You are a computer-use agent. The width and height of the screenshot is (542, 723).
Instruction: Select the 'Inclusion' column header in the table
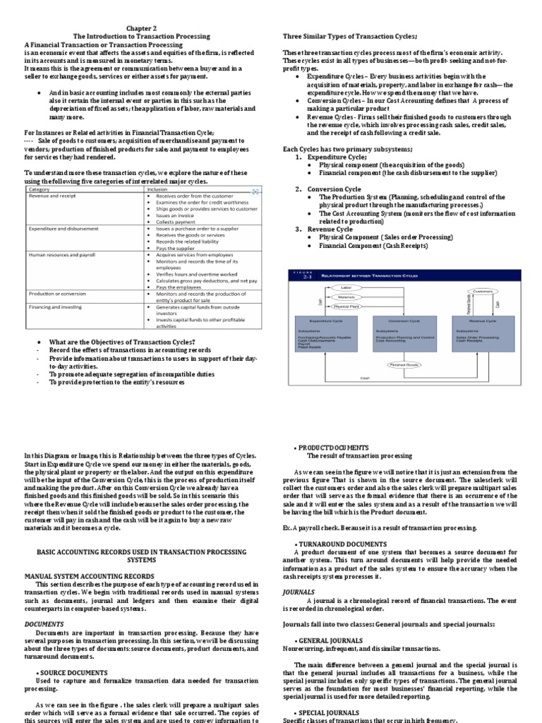tap(158, 189)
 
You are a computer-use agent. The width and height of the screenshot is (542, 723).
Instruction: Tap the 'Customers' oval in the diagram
tap(482, 291)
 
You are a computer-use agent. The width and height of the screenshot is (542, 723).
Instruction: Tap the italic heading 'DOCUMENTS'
tap(44, 624)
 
